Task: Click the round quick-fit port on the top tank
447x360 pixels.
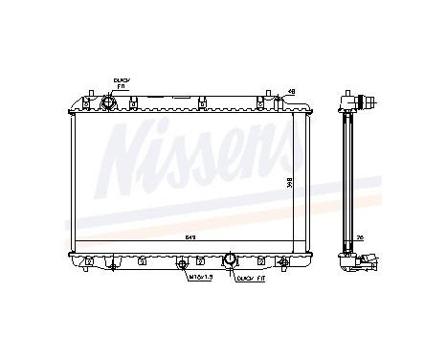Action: (108, 101)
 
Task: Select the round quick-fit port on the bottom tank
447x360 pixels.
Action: (231, 259)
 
